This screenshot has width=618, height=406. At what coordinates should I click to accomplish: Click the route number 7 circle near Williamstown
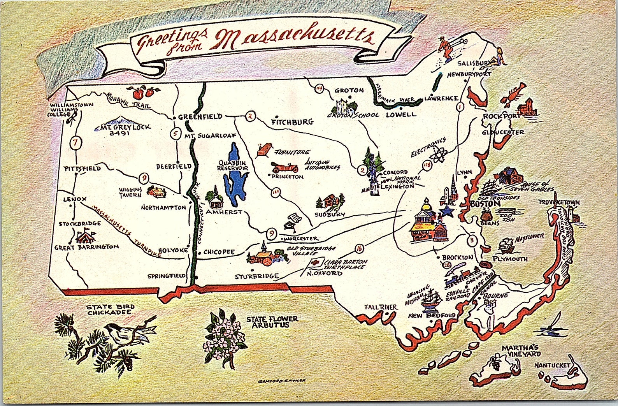tap(75, 143)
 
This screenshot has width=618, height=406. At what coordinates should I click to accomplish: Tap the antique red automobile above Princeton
tap(285, 168)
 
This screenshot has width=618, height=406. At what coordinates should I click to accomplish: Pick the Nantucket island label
tap(551, 366)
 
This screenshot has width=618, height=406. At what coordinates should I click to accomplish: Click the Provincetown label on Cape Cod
tap(559, 202)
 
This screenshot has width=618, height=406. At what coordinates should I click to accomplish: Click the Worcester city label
tap(300, 238)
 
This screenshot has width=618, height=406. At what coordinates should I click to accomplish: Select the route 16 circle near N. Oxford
tap(359, 249)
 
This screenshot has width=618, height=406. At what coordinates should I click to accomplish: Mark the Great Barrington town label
tap(86, 247)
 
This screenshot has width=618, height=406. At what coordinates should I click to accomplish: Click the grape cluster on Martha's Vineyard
tap(495, 364)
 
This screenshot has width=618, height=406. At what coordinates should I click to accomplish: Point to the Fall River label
tap(381, 307)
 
